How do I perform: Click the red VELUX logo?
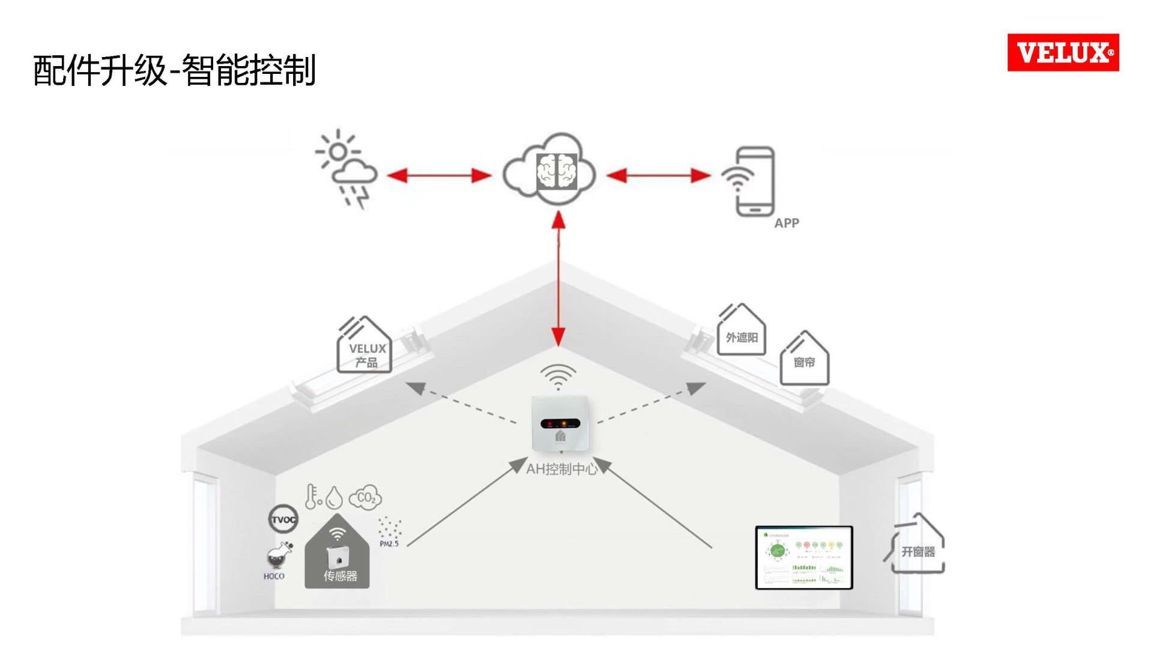point(1063,53)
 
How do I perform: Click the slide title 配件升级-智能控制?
point(174,70)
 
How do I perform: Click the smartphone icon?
point(754,181)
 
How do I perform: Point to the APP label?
point(786,223)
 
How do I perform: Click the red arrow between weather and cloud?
point(439,175)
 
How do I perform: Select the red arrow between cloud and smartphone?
point(658,175)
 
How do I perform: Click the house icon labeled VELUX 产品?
point(365,347)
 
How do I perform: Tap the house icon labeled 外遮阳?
point(741,332)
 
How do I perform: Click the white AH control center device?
point(560,423)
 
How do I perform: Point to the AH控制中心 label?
point(562,469)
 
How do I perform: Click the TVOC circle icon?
point(283,519)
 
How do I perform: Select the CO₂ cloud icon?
point(365,497)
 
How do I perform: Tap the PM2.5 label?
point(389,544)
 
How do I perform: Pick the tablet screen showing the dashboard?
point(803,557)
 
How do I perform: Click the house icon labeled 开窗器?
point(918,547)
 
